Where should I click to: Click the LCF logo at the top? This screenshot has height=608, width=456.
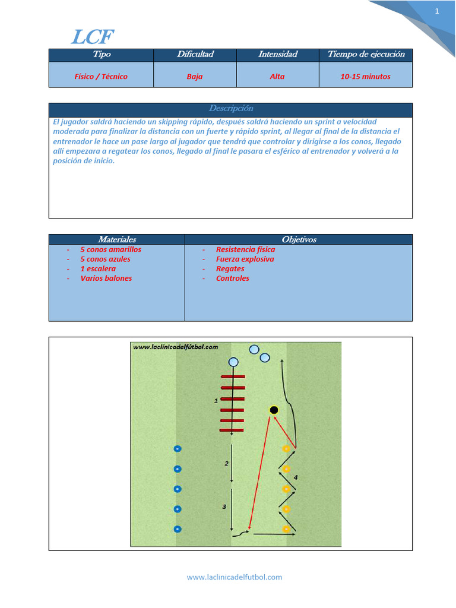point(91,37)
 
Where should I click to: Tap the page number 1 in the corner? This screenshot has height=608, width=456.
point(437,11)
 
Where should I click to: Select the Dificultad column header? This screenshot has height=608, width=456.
point(195,55)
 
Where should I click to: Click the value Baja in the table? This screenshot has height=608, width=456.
point(195,77)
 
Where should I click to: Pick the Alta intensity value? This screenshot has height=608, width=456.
point(277,77)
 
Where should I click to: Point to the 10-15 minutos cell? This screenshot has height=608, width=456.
point(366,77)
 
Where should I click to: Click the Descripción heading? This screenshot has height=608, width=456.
point(230,109)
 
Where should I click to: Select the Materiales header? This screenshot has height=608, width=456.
point(117,240)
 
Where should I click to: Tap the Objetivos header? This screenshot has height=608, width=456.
point(299,240)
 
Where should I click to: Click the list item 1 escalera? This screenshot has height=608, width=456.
point(98,269)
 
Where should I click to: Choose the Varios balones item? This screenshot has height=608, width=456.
point(106,278)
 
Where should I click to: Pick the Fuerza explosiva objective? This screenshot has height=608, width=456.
point(245,259)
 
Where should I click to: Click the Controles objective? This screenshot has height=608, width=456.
point(233,278)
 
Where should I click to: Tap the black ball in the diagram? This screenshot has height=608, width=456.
point(274,410)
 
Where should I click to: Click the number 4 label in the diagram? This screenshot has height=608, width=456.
point(296,477)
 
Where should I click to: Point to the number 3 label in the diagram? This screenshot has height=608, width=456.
point(224,506)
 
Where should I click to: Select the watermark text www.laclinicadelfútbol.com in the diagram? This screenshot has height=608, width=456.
point(175,347)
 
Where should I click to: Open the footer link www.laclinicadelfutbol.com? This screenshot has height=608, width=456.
point(235,577)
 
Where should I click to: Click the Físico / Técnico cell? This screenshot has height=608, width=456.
point(101,77)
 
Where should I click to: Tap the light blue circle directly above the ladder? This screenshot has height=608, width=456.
point(233,362)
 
